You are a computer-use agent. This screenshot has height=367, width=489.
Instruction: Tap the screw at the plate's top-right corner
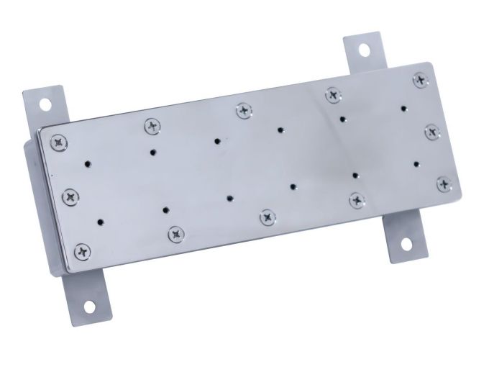tap(419, 78)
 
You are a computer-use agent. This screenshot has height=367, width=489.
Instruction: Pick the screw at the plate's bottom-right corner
tap(444, 183)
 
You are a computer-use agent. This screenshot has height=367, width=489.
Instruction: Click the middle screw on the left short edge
tap(71, 195)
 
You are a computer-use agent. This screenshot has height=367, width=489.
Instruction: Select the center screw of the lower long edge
tap(268, 215)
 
